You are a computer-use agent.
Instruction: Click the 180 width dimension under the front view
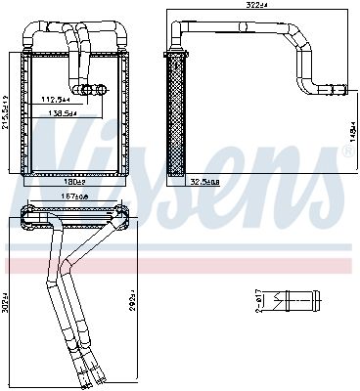[x=75, y=182]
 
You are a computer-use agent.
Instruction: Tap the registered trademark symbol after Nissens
[x=349, y=152]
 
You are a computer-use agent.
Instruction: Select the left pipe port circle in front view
[x=87, y=92]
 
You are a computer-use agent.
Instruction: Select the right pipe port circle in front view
[x=101, y=92]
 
